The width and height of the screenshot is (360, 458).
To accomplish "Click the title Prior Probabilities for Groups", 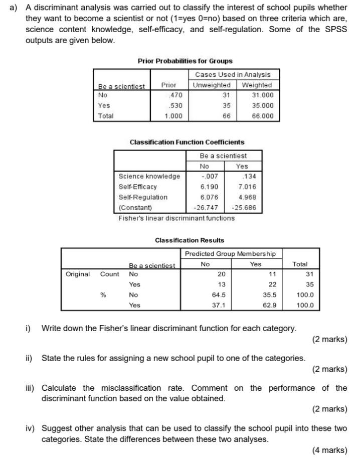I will [x=185, y=61].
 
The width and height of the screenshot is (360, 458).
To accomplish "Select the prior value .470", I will [x=175, y=95].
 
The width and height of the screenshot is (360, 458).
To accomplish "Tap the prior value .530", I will [x=175, y=105].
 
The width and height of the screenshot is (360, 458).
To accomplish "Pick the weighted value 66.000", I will [x=262, y=116].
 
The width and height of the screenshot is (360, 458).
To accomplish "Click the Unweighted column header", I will [x=212, y=85].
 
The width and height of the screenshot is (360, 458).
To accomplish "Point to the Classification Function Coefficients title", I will [x=187, y=142].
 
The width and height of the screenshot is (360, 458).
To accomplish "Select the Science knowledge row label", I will [x=149, y=176].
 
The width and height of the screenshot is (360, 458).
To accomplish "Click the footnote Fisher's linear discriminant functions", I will [x=176, y=218].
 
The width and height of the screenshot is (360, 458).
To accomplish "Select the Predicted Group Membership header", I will [x=230, y=254].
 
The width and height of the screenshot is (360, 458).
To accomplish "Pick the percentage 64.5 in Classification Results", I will [x=219, y=295].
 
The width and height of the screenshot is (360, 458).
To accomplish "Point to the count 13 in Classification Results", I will [x=221, y=284].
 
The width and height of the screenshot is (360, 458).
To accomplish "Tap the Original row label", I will [x=78, y=274].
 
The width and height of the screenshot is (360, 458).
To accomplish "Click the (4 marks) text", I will [x=329, y=450].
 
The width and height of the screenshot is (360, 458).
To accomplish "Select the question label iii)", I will [x=31, y=388].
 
